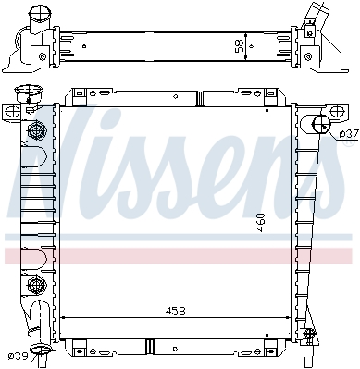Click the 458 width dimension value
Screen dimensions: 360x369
click(x=175, y=311)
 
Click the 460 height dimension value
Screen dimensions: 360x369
click(x=261, y=223)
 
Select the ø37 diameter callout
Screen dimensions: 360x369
click(x=349, y=134)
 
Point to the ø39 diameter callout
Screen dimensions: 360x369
click(x=19, y=356)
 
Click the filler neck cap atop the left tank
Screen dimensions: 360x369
click(x=28, y=91)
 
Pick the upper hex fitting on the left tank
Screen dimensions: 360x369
click(x=36, y=131)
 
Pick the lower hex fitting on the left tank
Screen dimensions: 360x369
click(x=36, y=285)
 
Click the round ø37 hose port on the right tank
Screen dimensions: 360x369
click(x=321, y=124)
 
